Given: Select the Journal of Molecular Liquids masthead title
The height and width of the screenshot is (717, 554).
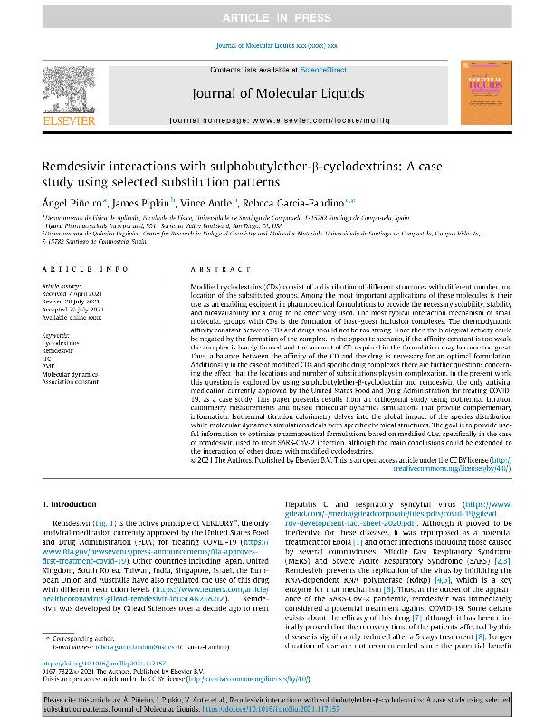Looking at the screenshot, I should (x=277, y=93).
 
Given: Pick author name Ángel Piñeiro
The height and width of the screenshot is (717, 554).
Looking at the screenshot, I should (x=70, y=207).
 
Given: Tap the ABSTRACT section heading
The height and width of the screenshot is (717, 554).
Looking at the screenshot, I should (x=214, y=270).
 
